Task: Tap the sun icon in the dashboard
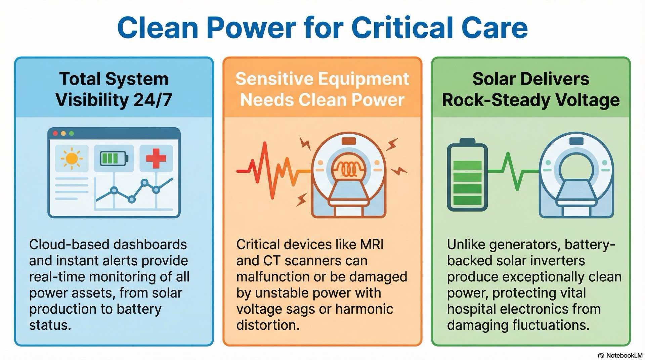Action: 72,158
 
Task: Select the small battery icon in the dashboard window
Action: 114,158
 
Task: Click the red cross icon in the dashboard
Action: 156,158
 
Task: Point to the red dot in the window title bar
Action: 55,134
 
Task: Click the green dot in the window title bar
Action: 71,134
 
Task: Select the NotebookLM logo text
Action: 624,355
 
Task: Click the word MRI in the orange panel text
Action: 372,244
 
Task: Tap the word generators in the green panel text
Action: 525,244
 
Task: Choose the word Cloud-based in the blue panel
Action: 66,244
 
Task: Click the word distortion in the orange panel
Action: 267,325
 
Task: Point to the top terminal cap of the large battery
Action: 467,141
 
